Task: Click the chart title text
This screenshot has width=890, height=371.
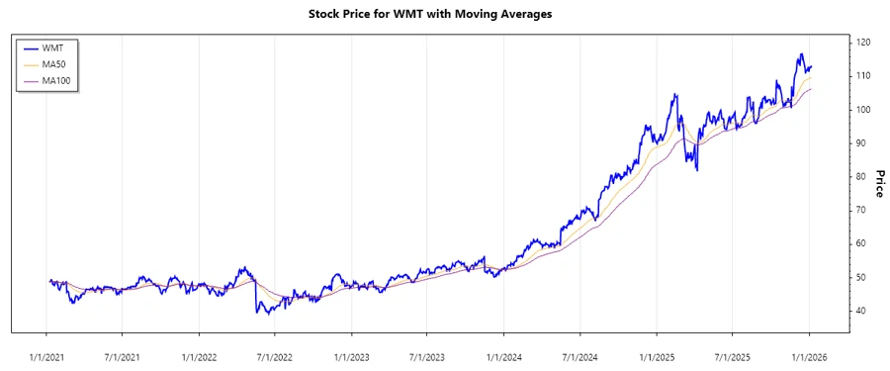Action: click(x=445, y=14)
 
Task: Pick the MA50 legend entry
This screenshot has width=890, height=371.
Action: click(x=55, y=63)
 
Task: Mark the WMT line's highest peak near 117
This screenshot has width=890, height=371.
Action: click(x=800, y=53)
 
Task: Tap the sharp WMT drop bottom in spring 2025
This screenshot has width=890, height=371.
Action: click(x=697, y=170)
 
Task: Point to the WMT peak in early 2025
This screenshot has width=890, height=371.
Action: click(x=675, y=95)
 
